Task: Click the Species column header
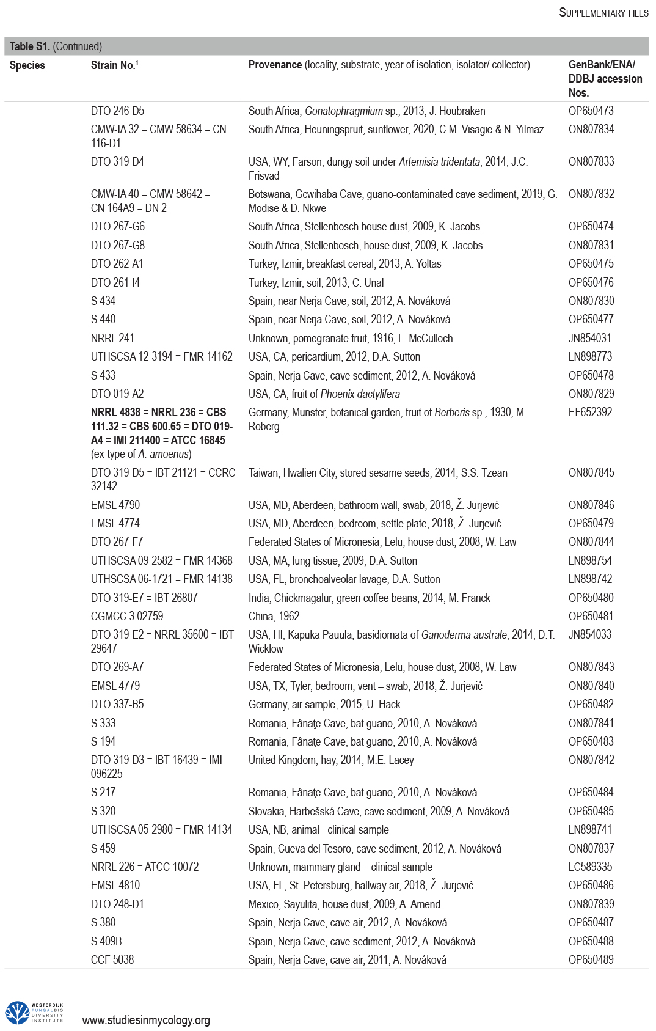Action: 27,65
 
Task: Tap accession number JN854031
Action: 589,338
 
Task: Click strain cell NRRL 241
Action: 112,338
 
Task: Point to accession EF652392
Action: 590,413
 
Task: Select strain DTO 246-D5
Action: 117,111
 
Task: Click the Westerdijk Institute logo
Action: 35,1012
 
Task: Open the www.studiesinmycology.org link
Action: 146,1020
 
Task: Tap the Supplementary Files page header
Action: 603,13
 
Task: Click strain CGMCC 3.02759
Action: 127,616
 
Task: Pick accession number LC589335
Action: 590,867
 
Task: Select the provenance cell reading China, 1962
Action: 274,616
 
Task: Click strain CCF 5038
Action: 112,959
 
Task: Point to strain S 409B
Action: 106,941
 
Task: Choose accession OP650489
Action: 591,959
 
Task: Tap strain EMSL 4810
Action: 115,885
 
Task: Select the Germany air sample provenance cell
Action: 324,704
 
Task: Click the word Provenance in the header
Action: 275,65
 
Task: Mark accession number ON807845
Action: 591,473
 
